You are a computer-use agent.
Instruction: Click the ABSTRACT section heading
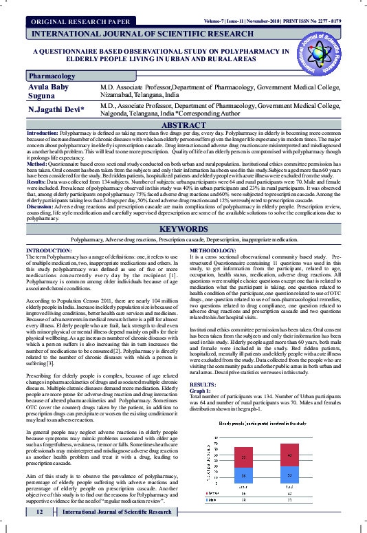click(x=183, y=124)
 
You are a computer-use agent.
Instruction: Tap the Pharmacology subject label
click(x=52, y=76)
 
